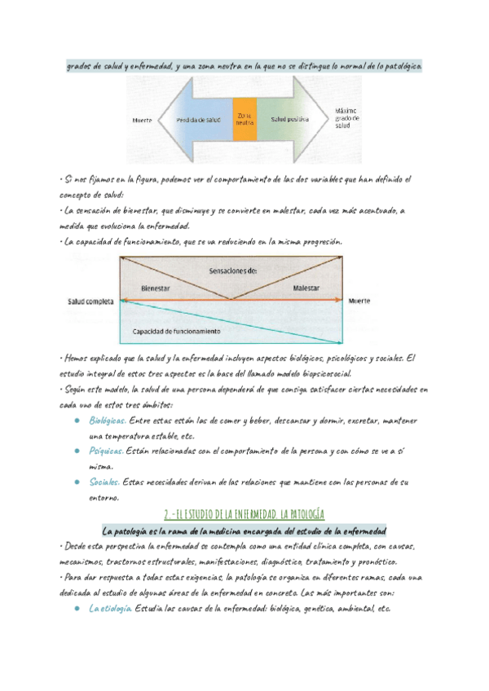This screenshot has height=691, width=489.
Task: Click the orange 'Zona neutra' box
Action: (x=244, y=119)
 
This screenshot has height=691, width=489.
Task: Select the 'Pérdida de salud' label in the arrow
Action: (x=198, y=120)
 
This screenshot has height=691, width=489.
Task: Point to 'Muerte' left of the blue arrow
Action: (x=142, y=121)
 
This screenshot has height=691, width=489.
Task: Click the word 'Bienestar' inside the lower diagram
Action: (x=156, y=288)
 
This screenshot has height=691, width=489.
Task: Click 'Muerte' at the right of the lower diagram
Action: (x=359, y=301)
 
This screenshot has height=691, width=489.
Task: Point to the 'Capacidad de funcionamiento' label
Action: (x=181, y=332)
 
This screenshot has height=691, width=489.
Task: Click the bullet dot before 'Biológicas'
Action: (x=75, y=421)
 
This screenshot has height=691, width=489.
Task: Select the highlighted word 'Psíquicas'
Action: (x=107, y=451)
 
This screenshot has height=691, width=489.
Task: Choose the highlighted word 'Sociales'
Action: (x=104, y=482)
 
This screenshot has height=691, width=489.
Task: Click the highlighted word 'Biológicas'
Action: (x=108, y=420)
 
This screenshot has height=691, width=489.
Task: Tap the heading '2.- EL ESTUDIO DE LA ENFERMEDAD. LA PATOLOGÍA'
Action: (x=244, y=515)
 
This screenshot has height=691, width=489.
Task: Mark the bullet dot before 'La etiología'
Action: (x=75, y=609)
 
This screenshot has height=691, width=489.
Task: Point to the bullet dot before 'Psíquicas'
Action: (x=75, y=451)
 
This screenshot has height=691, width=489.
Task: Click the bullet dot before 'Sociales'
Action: (x=75, y=482)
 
